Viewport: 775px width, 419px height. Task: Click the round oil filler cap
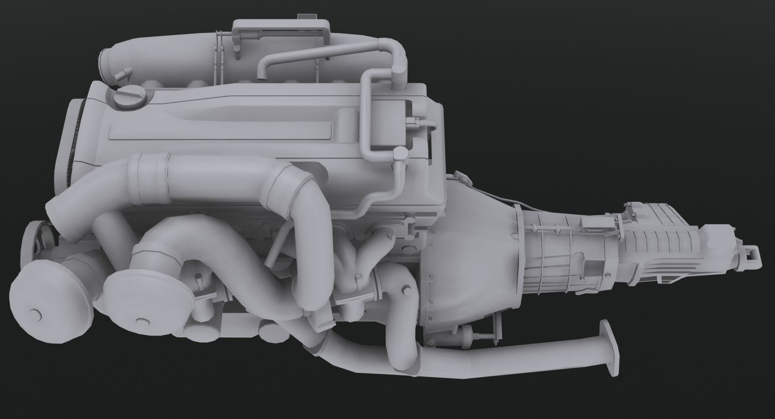(129, 97)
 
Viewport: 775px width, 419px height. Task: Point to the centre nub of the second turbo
(139, 320)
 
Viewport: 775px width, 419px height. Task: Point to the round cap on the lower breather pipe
(400, 154)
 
